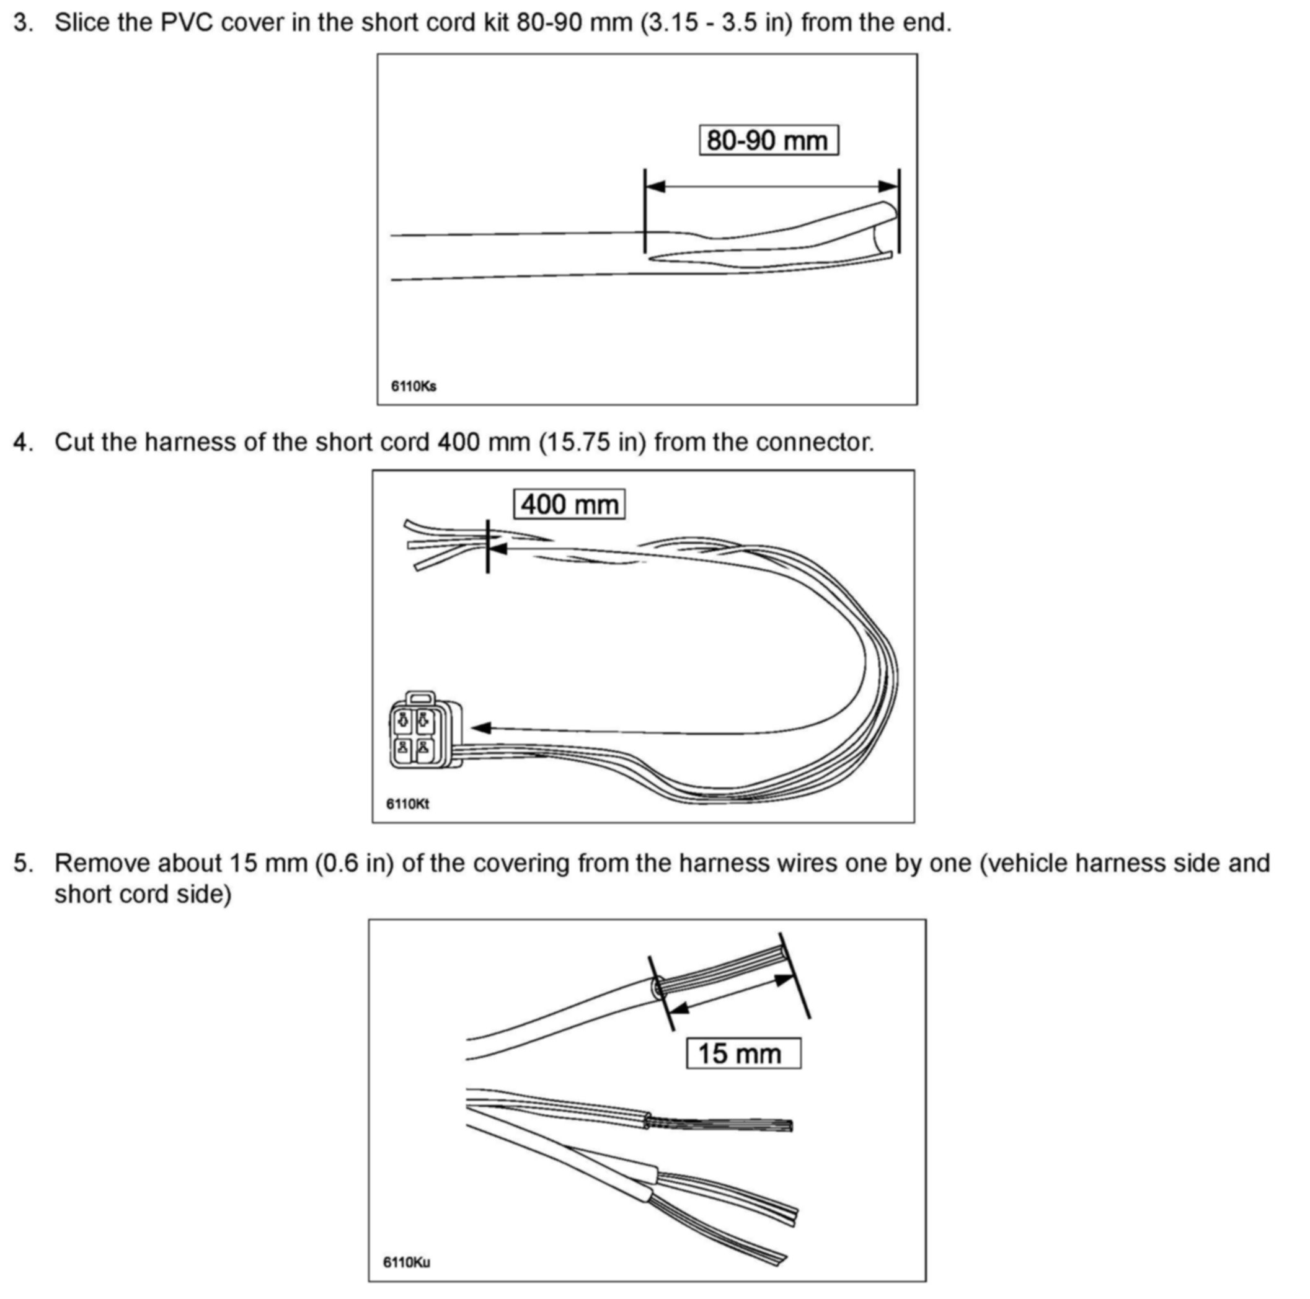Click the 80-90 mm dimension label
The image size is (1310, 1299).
[768, 140]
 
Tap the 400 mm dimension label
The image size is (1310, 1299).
[569, 505]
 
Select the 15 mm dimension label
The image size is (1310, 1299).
[743, 1053]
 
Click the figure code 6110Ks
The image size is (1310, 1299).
[414, 386]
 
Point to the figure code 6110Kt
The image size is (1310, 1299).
[407, 804]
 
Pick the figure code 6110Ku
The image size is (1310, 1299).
[406, 1262]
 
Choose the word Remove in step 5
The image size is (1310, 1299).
[100, 863]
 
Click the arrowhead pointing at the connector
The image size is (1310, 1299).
[480, 727]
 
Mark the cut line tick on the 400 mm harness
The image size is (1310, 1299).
[487, 546]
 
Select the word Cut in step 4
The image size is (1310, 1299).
[74, 442]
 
